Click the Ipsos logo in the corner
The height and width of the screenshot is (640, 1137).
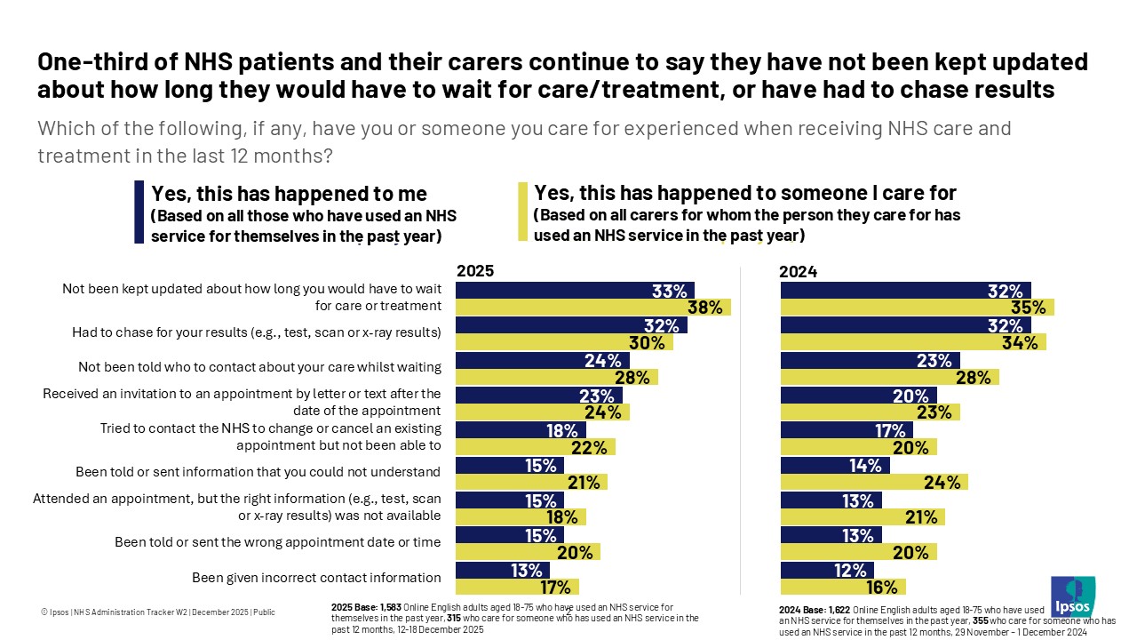pos(1072,596)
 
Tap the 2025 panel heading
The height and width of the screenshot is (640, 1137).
pos(474,271)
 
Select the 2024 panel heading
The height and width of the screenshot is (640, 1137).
pos(798,271)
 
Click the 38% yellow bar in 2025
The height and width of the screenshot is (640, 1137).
pos(592,307)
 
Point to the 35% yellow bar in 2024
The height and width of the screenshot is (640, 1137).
pos(917,307)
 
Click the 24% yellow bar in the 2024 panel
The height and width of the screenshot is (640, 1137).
pos(873,482)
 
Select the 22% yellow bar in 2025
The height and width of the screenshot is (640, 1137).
pos(535,447)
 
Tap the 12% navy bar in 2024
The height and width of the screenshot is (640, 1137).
pos(826,569)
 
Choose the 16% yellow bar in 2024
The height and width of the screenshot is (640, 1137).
pos(842,587)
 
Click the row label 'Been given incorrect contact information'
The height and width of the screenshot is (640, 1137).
pos(316,577)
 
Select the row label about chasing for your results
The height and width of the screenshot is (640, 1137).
pos(256,332)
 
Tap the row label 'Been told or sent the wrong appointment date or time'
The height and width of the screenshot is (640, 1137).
pos(278,541)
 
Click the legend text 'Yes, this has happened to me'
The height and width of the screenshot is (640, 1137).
pos(290,194)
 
